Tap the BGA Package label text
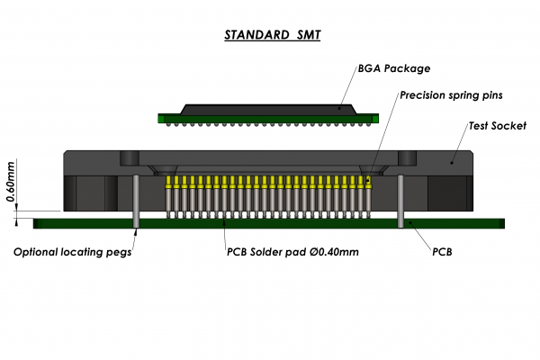coord(394,68)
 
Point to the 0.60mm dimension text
coord(11,184)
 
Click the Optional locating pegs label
coord(72,252)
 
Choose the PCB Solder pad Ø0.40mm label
coord(292,252)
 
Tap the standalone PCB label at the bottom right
coord(442,252)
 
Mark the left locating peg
coord(135,202)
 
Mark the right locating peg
coord(400,202)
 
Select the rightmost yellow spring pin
coord(369,192)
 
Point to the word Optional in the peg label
coord(36,252)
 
